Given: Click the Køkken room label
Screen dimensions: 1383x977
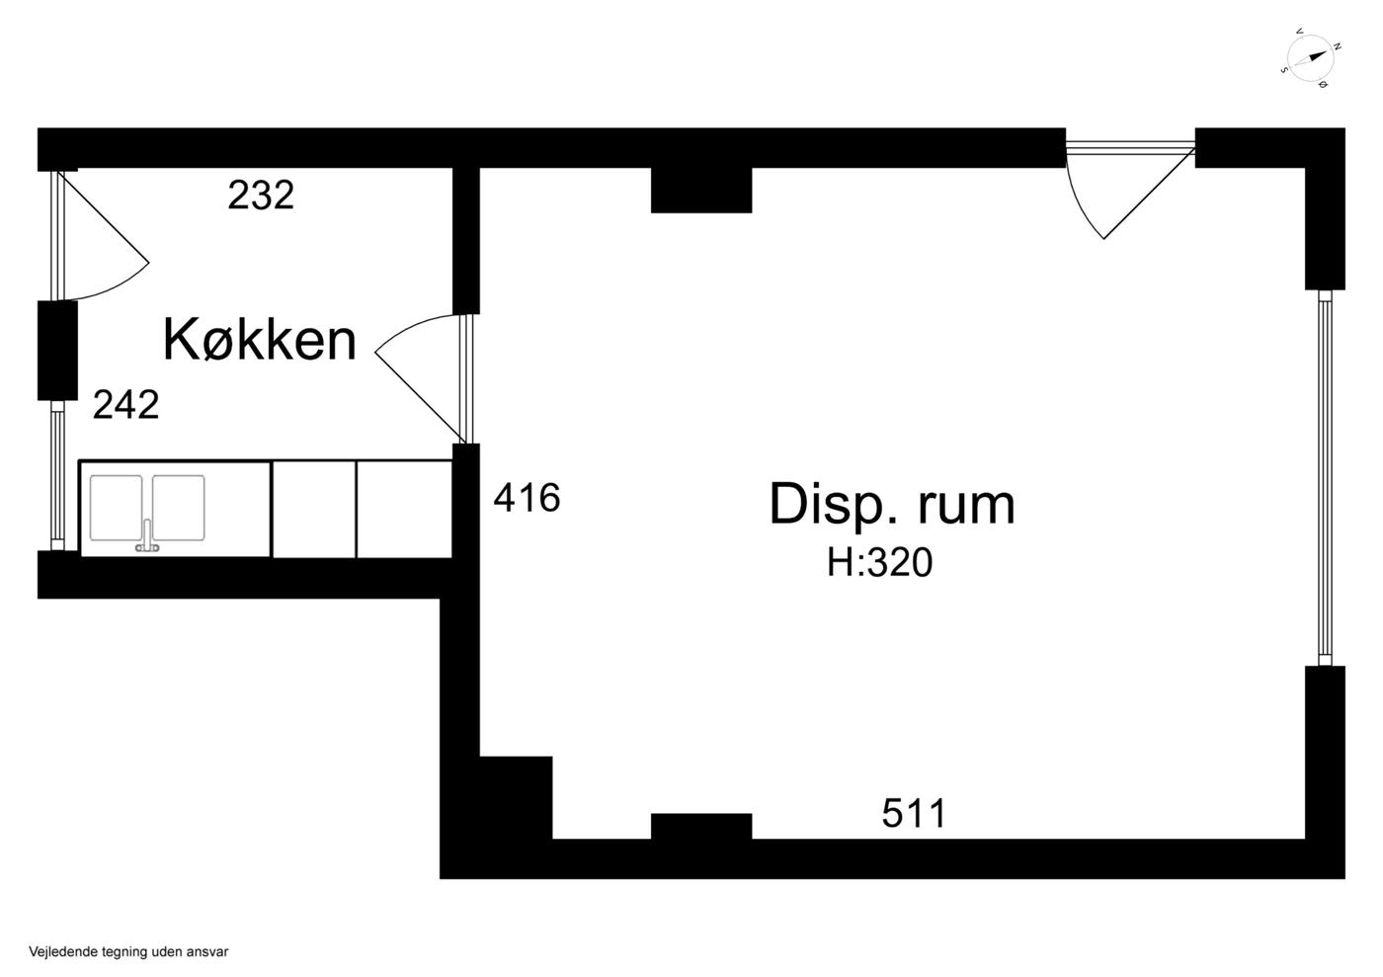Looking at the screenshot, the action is coord(260,340).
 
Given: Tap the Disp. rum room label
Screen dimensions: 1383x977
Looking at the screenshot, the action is coord(892,505).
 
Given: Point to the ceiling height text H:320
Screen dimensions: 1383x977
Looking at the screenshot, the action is coord(880,563).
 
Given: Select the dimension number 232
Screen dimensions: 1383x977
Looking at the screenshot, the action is coord(261,195).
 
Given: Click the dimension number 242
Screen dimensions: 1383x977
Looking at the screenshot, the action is coord(126,405).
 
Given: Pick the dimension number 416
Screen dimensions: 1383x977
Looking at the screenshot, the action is coord(527,498).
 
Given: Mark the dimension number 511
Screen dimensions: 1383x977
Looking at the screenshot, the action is coord(914,813).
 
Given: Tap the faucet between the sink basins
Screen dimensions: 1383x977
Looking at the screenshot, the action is coord(147,535).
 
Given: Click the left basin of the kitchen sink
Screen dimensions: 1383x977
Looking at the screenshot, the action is coord(117,508).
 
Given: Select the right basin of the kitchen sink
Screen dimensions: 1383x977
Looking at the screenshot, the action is coord(179,508).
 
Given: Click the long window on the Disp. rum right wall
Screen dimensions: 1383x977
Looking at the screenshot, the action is coord(1325,477).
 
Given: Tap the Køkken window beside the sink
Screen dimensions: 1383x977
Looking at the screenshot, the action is coord(57,475).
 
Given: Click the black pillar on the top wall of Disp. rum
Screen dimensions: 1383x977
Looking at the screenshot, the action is coord(701,191).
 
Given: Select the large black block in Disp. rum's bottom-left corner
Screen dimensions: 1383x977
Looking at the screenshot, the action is coord(516,797).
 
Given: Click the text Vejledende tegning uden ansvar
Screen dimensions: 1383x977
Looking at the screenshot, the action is coord(128,951).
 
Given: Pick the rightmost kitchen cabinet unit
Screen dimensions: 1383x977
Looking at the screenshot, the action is coord(404,510).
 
